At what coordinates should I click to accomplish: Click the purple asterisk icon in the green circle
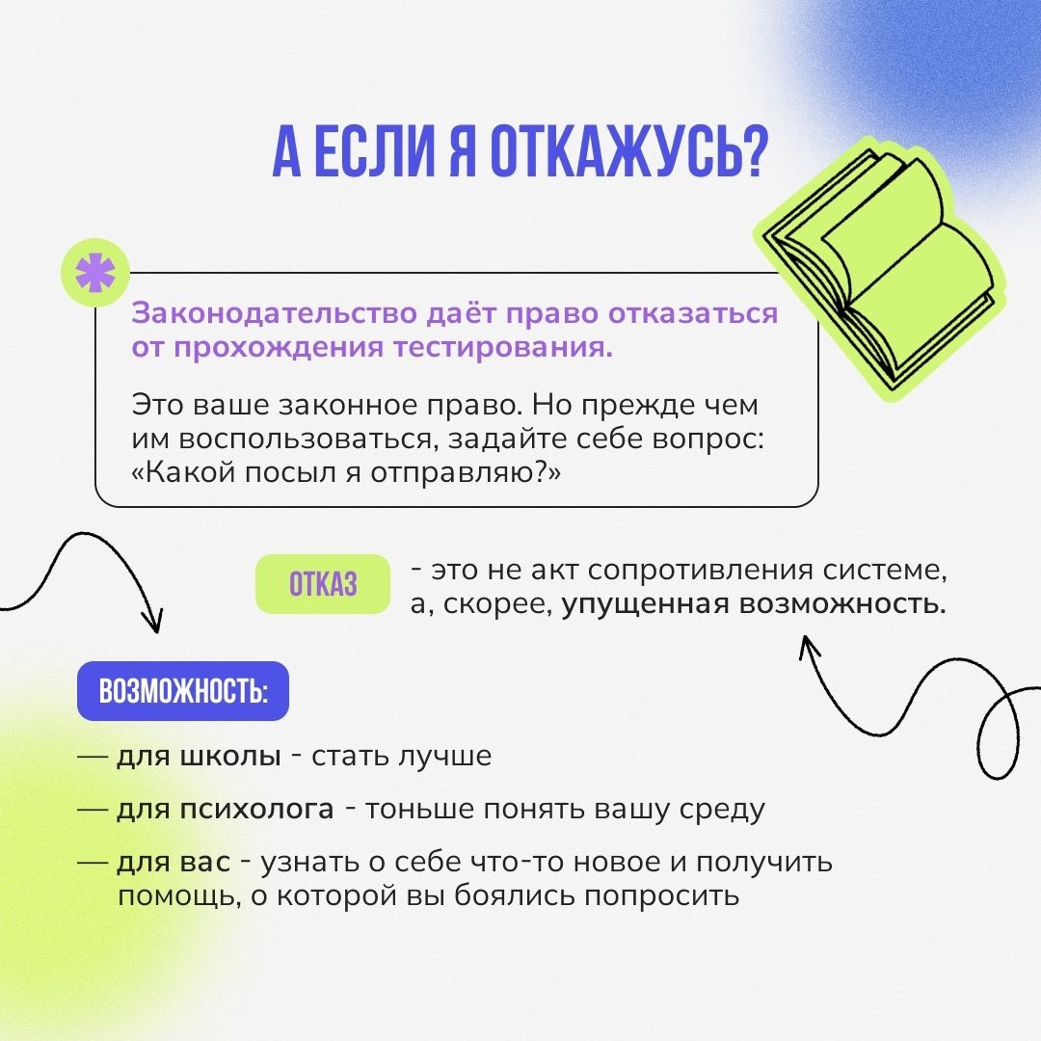click(x=94, y=273)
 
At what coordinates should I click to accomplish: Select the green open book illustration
click(x=881, y=269)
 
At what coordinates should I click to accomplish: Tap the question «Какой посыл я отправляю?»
click(x=346, y=472)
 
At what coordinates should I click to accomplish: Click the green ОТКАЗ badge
click(x=323, y=584)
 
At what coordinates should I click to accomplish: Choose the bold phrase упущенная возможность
click(x=754, y=604)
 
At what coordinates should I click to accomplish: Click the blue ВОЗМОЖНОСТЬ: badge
click(x=183, y=691)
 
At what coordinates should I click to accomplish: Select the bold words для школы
click(x=199, y=757)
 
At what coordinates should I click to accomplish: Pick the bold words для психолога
click(x=225, y=810)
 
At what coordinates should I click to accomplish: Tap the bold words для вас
click(x=173, y=863)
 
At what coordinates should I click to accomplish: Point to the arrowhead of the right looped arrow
click(x=808, y=647)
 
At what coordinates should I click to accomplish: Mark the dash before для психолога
click(x=93, y=810)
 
